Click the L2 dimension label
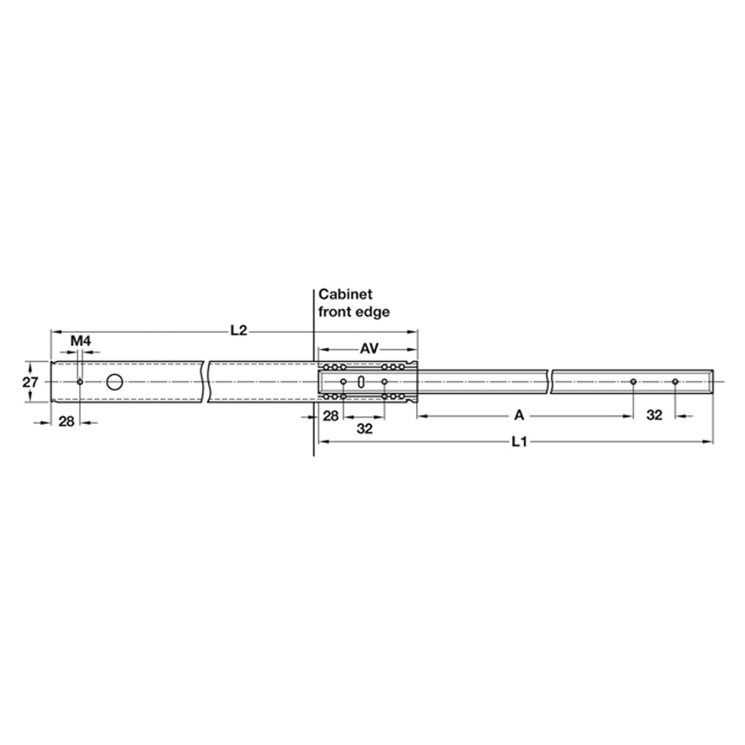(x=238, y=330)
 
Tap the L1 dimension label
(x=519, y=441)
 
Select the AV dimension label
(x=369, y=349)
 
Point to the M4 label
(x=81, y=341)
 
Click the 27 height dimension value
(x=30, y=382)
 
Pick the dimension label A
(x=519, y=415)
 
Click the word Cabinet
(x=345, y=294)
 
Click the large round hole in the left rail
(x=114, y=382)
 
